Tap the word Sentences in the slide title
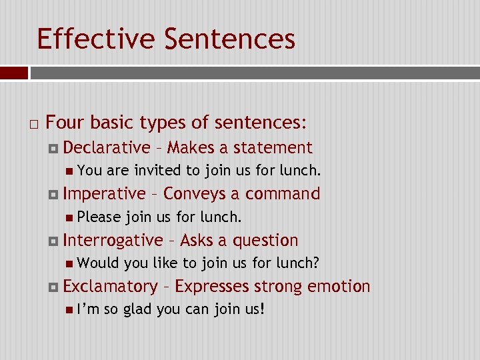pyautogui.click(x=229, y=39)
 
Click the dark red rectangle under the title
pyautogui.click(x=14, y=73)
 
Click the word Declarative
pyautogui.click(x=107, y=147)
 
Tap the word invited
pyautogui.click(x=157, y=171)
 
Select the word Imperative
pyautogui.click(x=104, y=194)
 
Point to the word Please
pyautogui.click(x=99, y=217)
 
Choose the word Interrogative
pyautogui.click(x=113, y=240)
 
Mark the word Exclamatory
pyautogui.click(x=110, y=287)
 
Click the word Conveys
pyautogui.click(x=194, y=194)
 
